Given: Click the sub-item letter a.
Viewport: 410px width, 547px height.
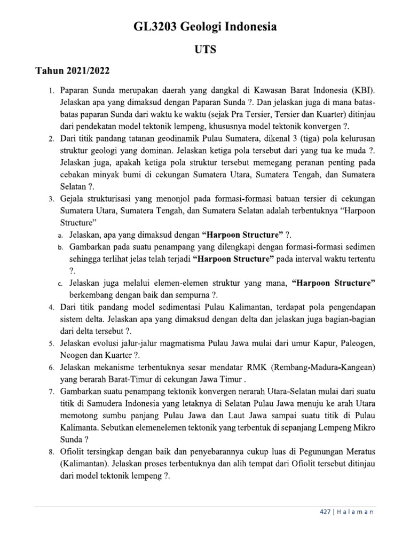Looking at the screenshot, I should coord(60,236).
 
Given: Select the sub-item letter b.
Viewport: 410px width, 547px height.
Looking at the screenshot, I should coord(60,248).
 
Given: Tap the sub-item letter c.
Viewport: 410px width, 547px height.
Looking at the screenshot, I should coord(60,283).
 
